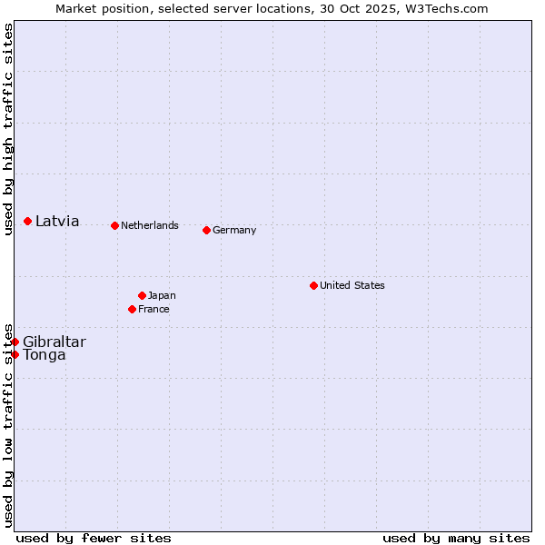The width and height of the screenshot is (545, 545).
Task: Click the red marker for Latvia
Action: coord(28,221)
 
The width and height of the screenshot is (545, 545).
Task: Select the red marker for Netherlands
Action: coord(114,225)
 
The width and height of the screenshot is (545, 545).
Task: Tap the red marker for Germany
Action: coord(207,230)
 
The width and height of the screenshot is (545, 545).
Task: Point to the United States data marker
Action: coord(313,285)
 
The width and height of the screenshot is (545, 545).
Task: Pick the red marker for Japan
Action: coord(143,295)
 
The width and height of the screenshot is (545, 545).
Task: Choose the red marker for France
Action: coord(133,309)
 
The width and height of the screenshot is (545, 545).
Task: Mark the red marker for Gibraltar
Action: coord(15,342)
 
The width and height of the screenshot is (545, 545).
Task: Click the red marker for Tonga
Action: coord(15,354)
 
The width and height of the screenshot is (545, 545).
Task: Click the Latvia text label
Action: coord(57,221)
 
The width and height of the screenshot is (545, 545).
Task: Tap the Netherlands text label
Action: coord(150,225)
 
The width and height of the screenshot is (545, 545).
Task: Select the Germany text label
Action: coord(234,230)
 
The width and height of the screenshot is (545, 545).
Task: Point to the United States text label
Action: coord(352,285)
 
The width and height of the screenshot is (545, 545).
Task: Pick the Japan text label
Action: coord(162,295)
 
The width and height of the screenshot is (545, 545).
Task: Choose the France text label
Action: coord(154,309)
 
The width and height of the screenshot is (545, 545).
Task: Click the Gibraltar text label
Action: coord(54,342)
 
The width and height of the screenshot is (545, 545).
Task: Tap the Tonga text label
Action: coord(45,354)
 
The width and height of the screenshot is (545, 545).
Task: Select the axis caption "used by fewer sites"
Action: coord(94,538)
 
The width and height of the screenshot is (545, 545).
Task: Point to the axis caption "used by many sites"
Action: coord(456,538)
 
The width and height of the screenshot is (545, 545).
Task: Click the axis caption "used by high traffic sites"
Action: coord(8,130)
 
